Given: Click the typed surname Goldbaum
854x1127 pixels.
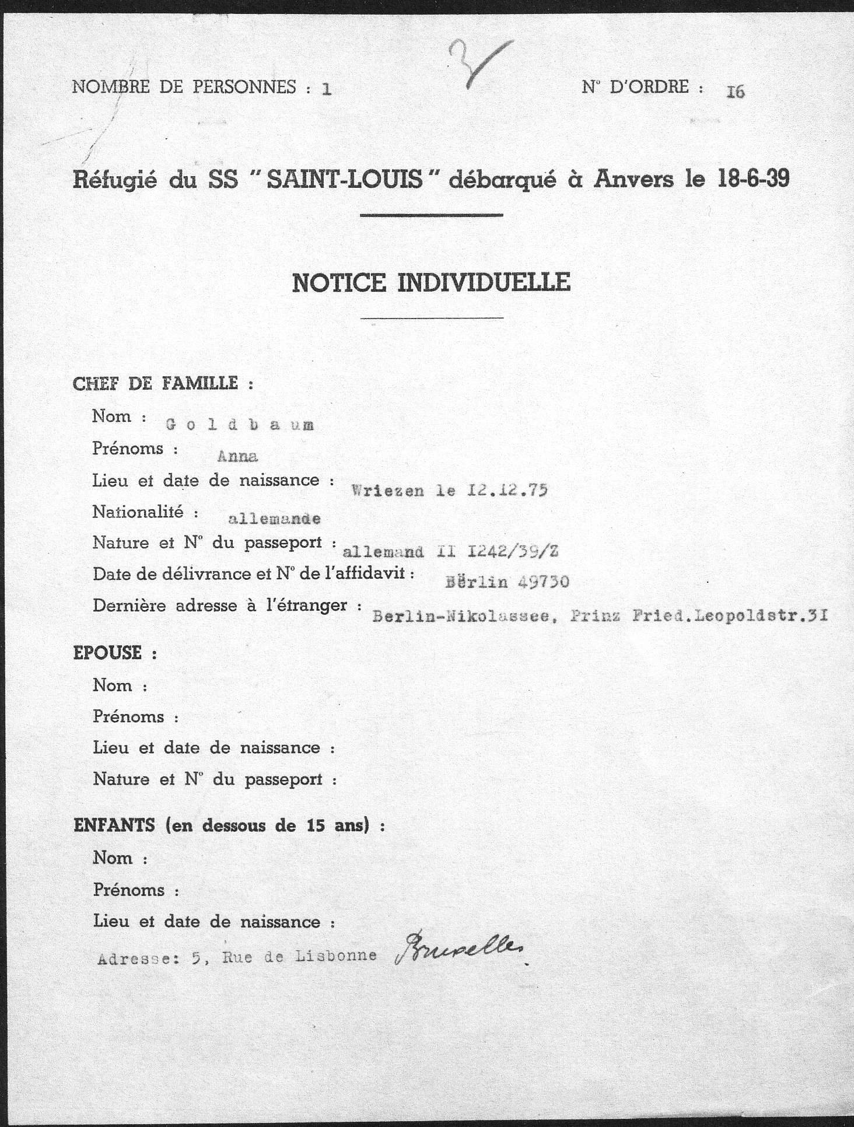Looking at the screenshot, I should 240,425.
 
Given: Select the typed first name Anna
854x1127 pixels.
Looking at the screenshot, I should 237,457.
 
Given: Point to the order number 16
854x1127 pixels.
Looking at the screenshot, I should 735,92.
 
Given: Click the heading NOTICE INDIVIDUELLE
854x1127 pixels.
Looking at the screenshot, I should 431,283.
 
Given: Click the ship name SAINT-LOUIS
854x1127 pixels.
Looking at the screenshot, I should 345,179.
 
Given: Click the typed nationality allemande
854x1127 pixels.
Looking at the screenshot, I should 274,519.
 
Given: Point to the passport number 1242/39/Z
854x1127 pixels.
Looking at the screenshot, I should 512,551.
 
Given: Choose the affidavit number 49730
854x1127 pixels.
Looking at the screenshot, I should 541,582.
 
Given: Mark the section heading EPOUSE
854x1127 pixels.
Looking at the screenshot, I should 107,652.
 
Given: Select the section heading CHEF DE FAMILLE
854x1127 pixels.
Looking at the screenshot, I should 155,383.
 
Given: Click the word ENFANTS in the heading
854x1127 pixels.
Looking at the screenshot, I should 114,825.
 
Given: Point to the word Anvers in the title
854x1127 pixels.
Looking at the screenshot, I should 634,178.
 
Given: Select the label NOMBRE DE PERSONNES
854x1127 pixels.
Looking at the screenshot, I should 184,87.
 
